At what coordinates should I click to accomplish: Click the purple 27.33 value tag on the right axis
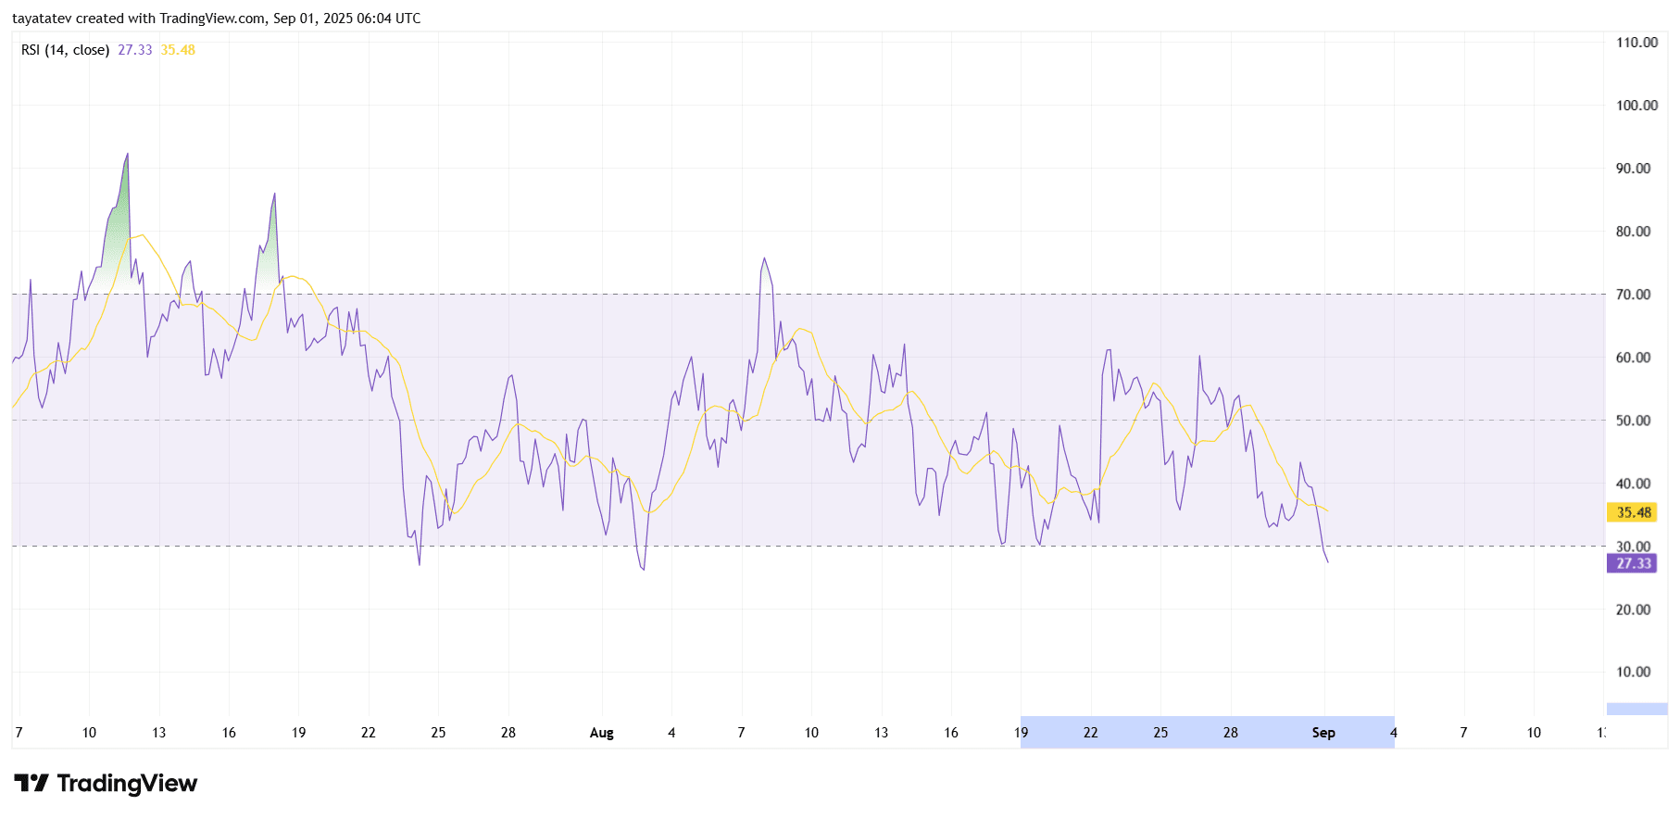click(x=1633, y=563)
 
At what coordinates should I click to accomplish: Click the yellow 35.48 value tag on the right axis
click(x=1633, y=512)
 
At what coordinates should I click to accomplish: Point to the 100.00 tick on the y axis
click(x=1636, y=106)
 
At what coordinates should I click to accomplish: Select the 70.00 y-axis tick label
click(x=1633, y=295)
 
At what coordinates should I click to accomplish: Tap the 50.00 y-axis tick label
click(x=1633, y=421)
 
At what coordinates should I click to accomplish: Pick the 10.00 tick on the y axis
click(x=1633, y=673)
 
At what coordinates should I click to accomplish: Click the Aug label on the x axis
click(x=601, y=733)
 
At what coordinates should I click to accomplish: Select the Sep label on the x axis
click(x=1323, y=733)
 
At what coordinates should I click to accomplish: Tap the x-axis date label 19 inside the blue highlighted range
click(x=1021, y=733)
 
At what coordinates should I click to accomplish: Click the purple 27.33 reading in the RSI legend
click(x=134, y=50)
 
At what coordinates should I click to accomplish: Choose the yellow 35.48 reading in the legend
click(x=178, y=50)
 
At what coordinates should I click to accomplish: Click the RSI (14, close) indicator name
click(x=65, y=50)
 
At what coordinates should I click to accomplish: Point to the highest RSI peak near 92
click(x=127, y=155)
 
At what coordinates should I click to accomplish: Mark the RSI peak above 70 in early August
click(x=764, y=258)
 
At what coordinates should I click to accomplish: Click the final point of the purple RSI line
click(x=1327, y=562)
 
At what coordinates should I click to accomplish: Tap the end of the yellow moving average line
click(x=1327, y=510)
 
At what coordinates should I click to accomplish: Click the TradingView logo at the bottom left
click(x=106, y=784)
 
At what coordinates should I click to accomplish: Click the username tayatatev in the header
click(x=41, y=19)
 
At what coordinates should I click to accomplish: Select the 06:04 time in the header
click(x=374, y=19)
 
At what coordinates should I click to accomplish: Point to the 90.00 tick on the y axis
click(x=1633, y=169)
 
